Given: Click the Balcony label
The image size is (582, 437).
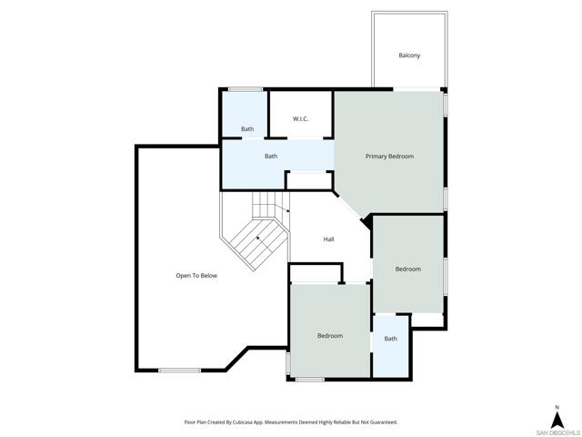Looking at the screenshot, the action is (409, 56).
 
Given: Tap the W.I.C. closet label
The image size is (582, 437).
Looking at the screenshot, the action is (300, 119).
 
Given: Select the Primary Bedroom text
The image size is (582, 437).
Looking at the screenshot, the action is (389, 157).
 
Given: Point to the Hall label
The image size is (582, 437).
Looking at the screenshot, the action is (328, 239).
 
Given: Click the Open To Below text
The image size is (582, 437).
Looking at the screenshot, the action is (196, 276).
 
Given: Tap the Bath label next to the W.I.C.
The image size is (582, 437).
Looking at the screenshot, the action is (247, 129).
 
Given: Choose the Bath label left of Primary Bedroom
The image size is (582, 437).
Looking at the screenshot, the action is (271, 156).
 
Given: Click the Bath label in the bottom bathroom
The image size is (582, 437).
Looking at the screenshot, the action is (390, 339).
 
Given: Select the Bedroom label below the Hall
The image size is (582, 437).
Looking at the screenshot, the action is (330, 336).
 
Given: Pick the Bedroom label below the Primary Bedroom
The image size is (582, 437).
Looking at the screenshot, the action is (408, 269).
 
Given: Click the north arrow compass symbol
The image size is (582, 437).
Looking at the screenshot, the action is (557, 420).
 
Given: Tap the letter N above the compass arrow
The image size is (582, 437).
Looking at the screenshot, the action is (557, 407).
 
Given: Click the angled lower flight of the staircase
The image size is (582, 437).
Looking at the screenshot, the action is (258, 240).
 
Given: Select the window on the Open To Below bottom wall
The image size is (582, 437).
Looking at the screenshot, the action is (180, 371).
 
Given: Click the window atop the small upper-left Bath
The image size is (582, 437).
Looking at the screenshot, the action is (246, 89).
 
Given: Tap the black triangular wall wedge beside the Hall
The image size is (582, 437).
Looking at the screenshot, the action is (366, 222).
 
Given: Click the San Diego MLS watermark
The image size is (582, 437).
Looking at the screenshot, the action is (557, 433).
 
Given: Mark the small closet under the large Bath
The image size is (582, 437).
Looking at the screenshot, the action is (309, 181).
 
